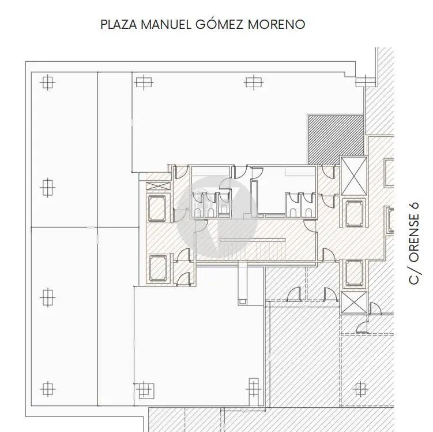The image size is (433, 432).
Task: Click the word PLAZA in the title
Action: click(119, 24)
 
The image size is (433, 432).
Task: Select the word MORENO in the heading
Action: click(276, 24)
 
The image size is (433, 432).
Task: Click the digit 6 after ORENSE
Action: click(413, 207)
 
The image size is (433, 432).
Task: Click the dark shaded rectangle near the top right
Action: click(335, 140)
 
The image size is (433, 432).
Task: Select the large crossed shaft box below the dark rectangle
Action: click(354, 176)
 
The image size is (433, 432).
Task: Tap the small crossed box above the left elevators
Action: click(157, 186)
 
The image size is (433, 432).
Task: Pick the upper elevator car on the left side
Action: click(157, 208)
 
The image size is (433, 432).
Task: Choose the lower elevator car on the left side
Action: click(158, 268)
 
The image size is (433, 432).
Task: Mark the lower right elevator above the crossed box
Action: click(354, 273)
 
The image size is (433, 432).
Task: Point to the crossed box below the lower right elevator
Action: click(354, 302)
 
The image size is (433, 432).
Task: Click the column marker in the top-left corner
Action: click(47, 82)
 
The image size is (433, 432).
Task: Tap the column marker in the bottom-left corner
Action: click(47, 389)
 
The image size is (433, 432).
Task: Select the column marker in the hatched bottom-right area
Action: click(360, 389)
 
